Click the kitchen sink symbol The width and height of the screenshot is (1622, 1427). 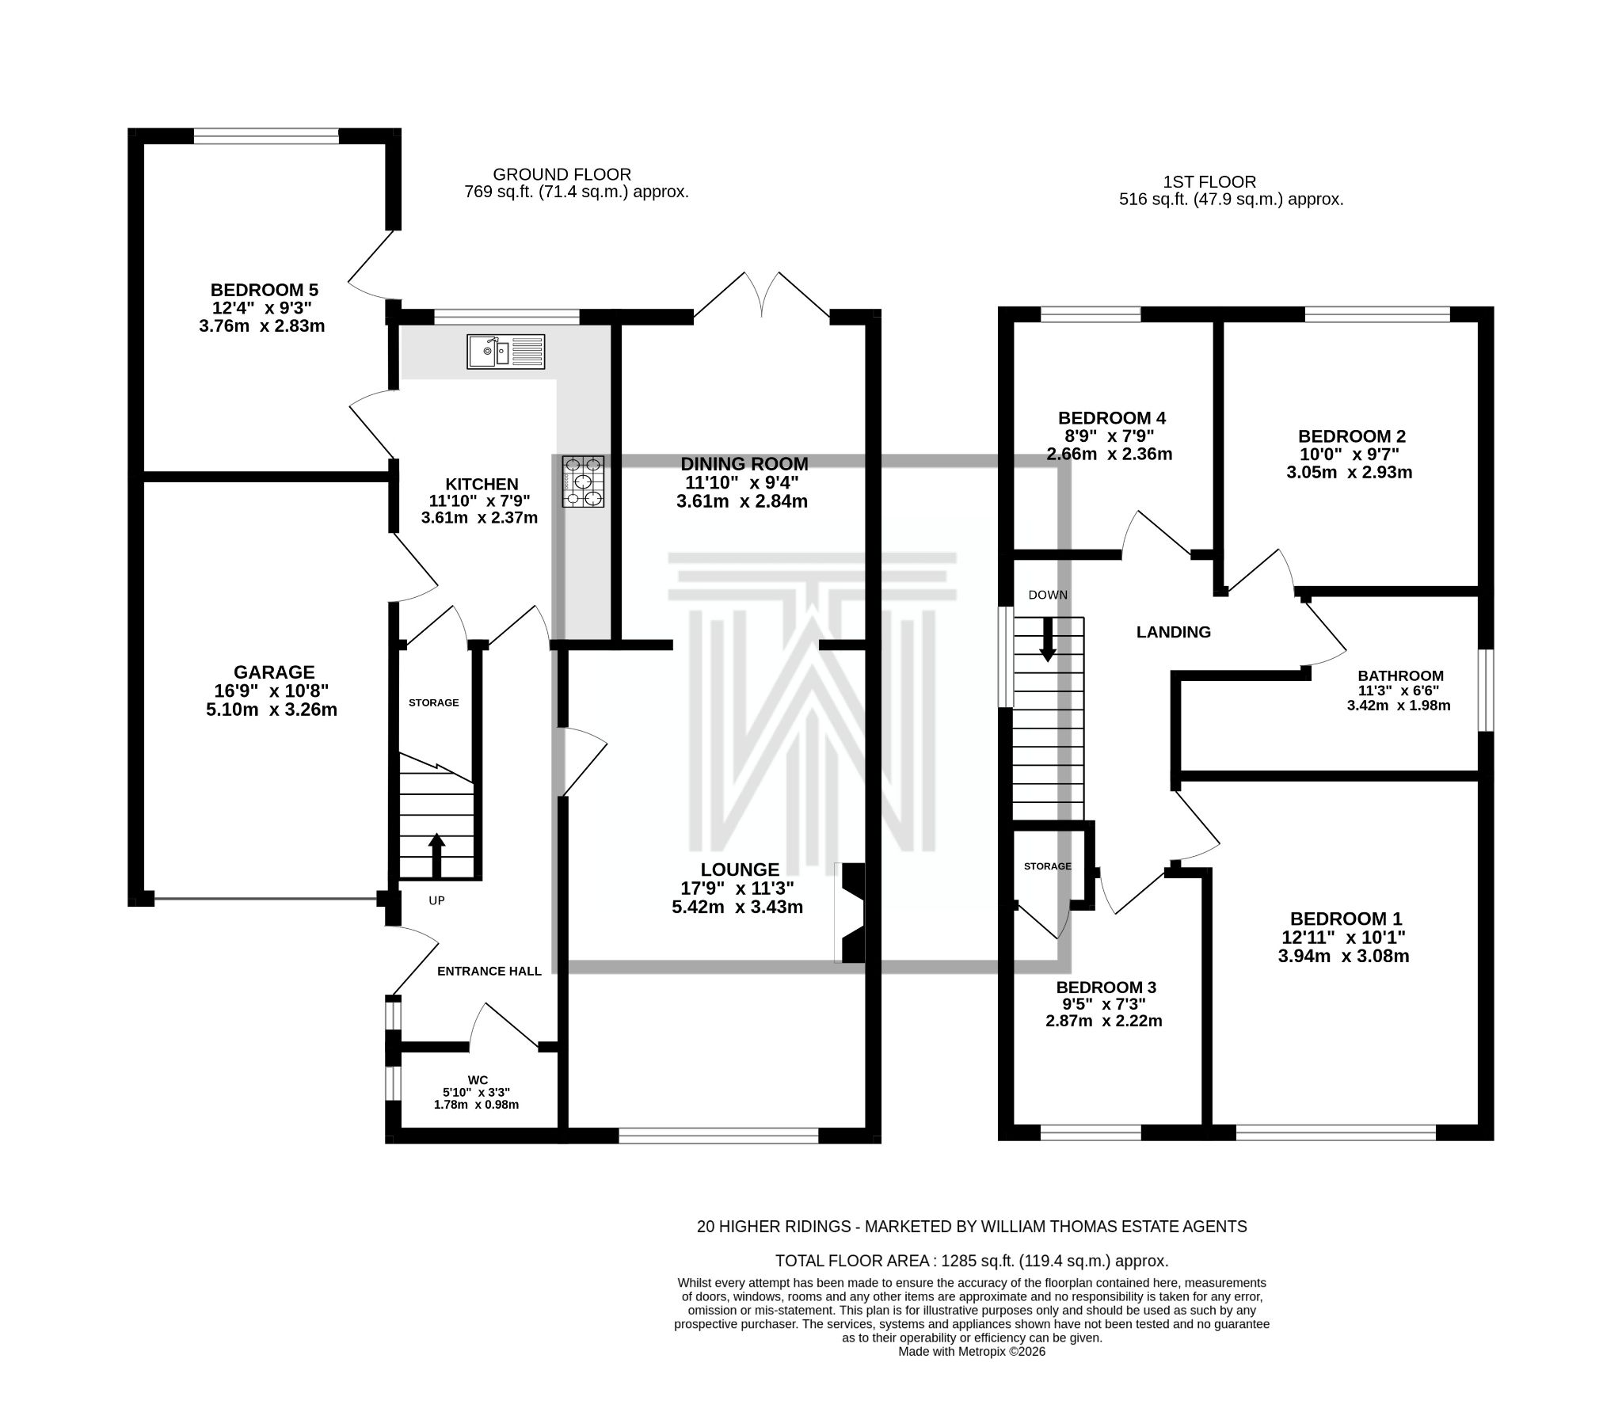[x=505, y=352]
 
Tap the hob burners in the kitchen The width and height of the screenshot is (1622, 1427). [x=583, y=481]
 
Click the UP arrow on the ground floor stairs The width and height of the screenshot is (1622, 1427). [x=436, y=854]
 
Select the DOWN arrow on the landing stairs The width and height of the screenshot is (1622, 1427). [x=1048, y=639]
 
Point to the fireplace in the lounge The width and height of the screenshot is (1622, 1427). [x=852, y=913]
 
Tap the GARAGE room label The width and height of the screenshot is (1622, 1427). [x=274, y=672]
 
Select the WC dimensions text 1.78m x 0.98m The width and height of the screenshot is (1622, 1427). [x=476, y=1105]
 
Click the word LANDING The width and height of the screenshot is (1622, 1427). [x=1173, y=633]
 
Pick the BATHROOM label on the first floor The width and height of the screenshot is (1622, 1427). [x=1399, y=676]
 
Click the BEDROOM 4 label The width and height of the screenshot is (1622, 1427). [x=1111, y=418]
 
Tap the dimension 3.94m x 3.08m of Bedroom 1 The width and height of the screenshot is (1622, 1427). [x=1342, y=957]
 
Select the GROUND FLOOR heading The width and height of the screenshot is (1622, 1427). [x=562, y=174]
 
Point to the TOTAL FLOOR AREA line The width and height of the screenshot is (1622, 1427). [x=971, y=1261]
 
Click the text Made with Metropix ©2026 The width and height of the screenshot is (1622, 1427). [x=971, y=1352]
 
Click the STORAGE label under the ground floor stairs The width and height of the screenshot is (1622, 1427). [x=433, y=702]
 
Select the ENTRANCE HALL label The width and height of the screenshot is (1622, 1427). [x=489, y=971]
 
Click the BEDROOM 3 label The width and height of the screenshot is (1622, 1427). [x=1106, y=987]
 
